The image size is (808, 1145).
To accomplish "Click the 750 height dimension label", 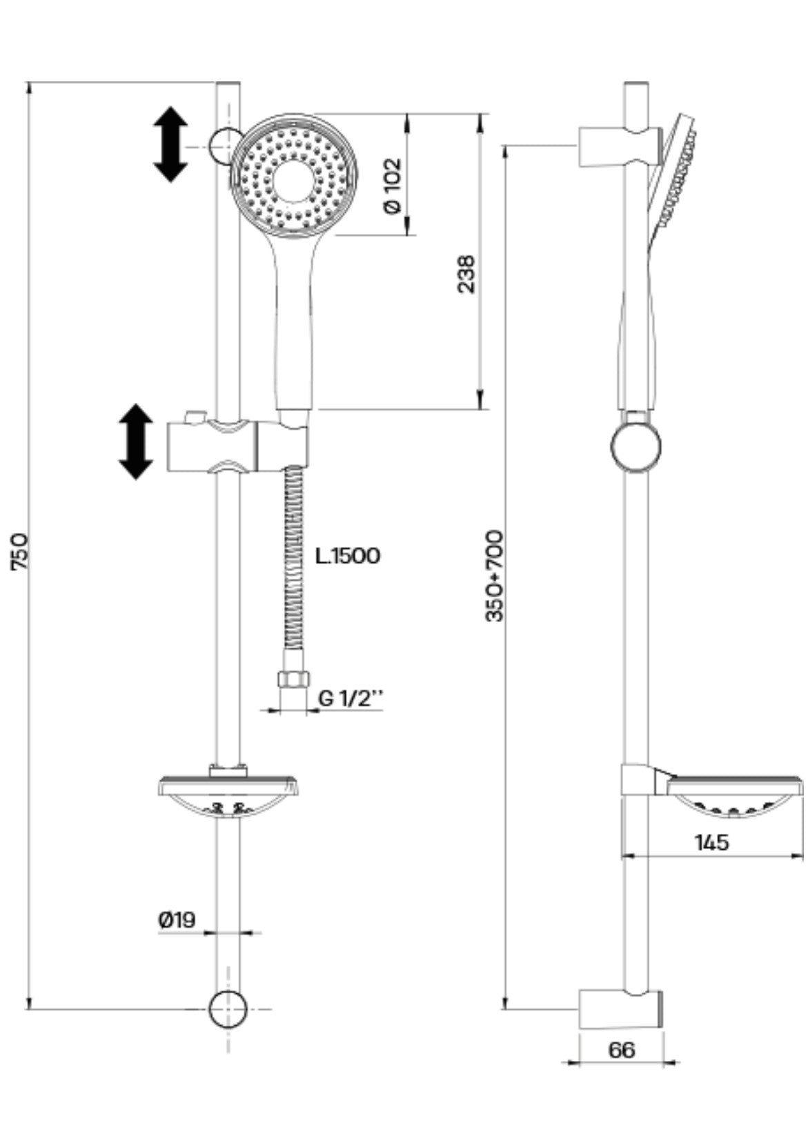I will tap(20, 551).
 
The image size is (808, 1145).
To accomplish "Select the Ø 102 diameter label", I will tap(391, 186).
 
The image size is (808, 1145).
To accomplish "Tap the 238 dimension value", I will tap(467, 274).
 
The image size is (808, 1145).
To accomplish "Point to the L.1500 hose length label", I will tap(348, 556).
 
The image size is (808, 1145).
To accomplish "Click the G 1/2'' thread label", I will tap(351, 699).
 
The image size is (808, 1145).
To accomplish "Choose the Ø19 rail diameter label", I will tap(177, 919).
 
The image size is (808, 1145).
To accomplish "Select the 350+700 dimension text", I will tap(495, 576).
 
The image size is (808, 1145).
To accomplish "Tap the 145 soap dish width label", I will tap(711, 842).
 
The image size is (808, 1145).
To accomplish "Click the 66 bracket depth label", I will tap(621, 1051).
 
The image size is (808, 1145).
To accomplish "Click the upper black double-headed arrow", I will tap(170, 144).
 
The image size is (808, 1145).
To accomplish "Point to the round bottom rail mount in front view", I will tap(228, 1009).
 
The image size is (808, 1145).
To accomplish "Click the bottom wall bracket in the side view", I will tap(620, 1010).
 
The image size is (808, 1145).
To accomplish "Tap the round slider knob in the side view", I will tap(635, 446).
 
